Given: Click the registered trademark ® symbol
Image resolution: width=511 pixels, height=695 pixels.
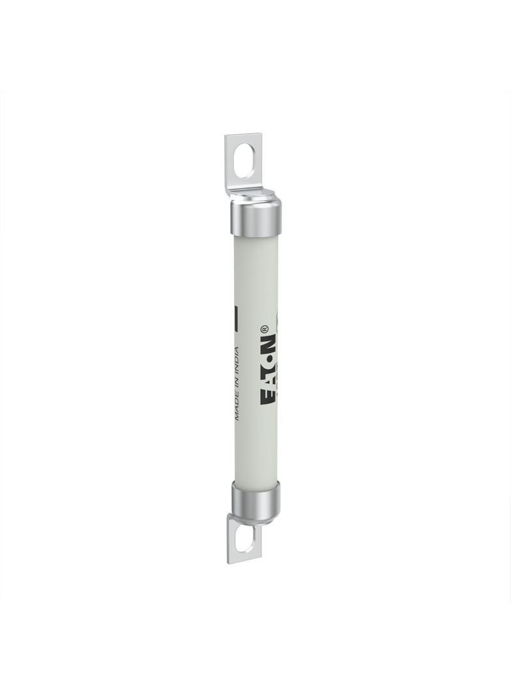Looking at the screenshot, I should (x=265, y=329).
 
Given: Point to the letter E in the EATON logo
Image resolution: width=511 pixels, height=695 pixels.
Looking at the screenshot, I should (x=269, y=396).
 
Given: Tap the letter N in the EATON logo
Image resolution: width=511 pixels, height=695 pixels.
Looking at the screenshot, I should (x=269, y=344).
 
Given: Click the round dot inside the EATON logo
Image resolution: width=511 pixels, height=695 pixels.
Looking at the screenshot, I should (x=269, y=359).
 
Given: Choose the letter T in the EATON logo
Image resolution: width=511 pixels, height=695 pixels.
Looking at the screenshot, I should (x=269, y=370).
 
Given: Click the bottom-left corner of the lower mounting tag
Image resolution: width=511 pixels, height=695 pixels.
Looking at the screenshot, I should (x=229, y=562).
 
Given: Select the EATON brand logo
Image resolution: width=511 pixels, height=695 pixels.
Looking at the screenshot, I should (x=269, y=368).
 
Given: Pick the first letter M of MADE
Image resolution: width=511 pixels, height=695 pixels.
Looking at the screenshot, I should (x=237, y=416).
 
